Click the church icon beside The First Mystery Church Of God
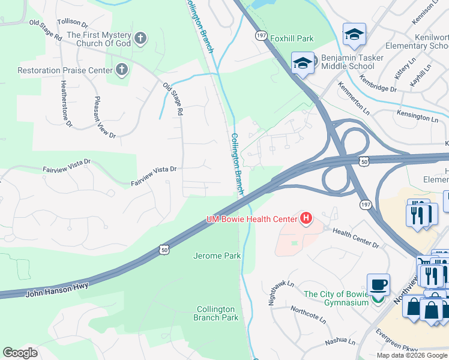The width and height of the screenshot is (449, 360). [x=140, y=40]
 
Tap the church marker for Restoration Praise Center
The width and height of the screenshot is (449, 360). [x=121, y=70]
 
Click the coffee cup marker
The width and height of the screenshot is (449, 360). [x=378, y=285]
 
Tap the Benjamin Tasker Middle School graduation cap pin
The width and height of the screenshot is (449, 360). [x=303, y=63]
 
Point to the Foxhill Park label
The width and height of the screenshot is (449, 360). [x=292, y=38]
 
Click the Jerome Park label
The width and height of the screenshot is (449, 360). [x=217, y=256]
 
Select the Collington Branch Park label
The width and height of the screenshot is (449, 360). [x=216, y=313]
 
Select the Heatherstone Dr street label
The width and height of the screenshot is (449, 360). [x=65, y=103]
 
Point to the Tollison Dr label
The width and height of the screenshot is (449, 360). [x=72, y=23]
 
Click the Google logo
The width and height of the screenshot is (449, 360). [x=20, y=353]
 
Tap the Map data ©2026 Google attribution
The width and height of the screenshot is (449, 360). [x=411, y=355]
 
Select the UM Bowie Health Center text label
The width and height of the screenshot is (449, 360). [x=252, y=219]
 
